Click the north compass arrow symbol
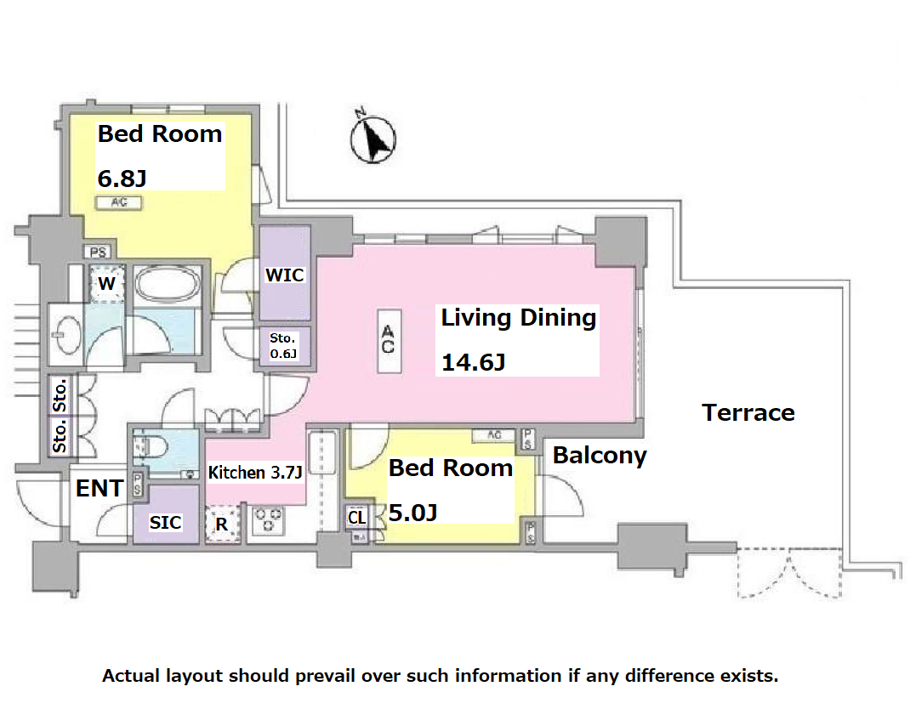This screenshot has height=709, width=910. (373, 137)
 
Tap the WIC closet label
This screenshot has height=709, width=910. (284, 275)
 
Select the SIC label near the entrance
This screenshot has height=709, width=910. (165, 523)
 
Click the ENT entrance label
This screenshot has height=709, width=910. (100, 489)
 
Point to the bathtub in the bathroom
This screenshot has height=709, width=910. (168, 284)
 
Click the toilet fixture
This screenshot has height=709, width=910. (152, 447)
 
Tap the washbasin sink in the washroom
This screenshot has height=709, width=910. (66, 334)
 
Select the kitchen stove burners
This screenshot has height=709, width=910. (268, 520)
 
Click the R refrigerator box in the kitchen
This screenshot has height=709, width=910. (222, 524)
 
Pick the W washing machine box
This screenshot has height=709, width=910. (107, 283)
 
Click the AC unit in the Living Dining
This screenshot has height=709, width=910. (389, 341)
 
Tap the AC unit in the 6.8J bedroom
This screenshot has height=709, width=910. (119, 202)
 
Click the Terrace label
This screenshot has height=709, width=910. (748, 412)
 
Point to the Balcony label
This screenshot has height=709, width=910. (600, 456)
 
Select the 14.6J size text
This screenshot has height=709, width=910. (474, 363)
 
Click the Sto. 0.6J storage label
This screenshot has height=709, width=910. (283, 346)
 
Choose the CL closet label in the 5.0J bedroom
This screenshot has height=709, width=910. (357, 517)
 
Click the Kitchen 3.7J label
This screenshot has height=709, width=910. (255, 473)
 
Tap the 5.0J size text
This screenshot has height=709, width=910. (412, 513)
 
